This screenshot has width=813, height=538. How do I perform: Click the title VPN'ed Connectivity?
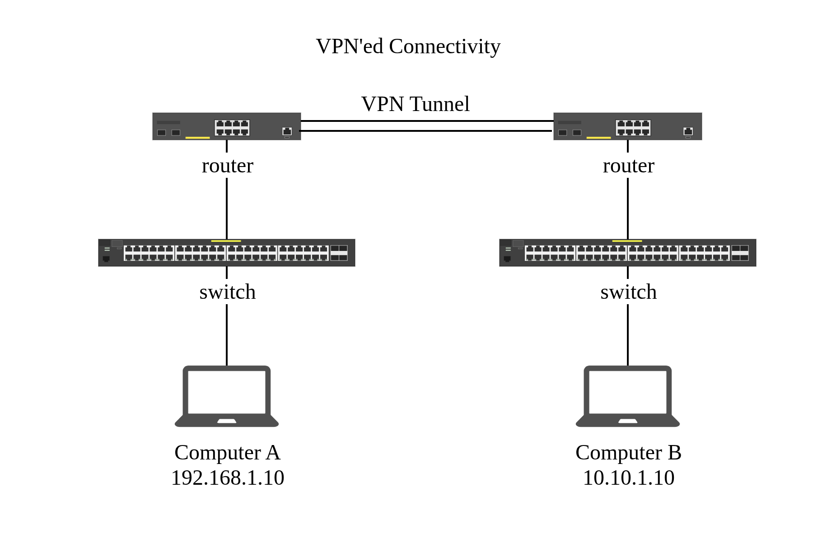click(x=408, y=46)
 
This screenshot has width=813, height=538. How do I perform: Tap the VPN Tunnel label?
click(x=415, y=104)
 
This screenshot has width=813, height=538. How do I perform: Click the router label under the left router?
click(x=227, y=166)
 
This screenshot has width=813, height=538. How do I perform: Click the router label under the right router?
click(x=628, y=166)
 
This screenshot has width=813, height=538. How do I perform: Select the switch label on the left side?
click(x=227, y=292)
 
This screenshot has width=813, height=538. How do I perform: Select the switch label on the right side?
click(x=628, y=292)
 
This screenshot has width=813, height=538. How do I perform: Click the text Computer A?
click(x=227, y=453)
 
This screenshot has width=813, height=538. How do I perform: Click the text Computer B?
click(x=628, y=453)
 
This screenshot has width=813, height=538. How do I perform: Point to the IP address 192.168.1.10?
click(x=227, y=478)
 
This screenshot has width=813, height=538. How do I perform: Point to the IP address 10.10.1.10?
click(x=628, y=478)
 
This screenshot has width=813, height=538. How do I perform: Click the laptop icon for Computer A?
click(x=227, y=396)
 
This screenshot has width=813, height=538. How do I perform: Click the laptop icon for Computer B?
click(x=628, y=396)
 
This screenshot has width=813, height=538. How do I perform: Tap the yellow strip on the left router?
click(x=198, y=138)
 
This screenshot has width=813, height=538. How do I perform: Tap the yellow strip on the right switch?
click(x=627, y=241)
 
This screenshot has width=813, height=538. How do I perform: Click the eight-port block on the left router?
click(x=232, y=128)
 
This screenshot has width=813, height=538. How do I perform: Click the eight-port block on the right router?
click(x=633, y=128)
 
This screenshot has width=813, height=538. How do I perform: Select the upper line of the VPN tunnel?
click(x=427, y=121)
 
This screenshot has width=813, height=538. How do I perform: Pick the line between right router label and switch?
click(x=628, y=208)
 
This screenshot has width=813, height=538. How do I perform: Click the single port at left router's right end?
click(x=287, y=131)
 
